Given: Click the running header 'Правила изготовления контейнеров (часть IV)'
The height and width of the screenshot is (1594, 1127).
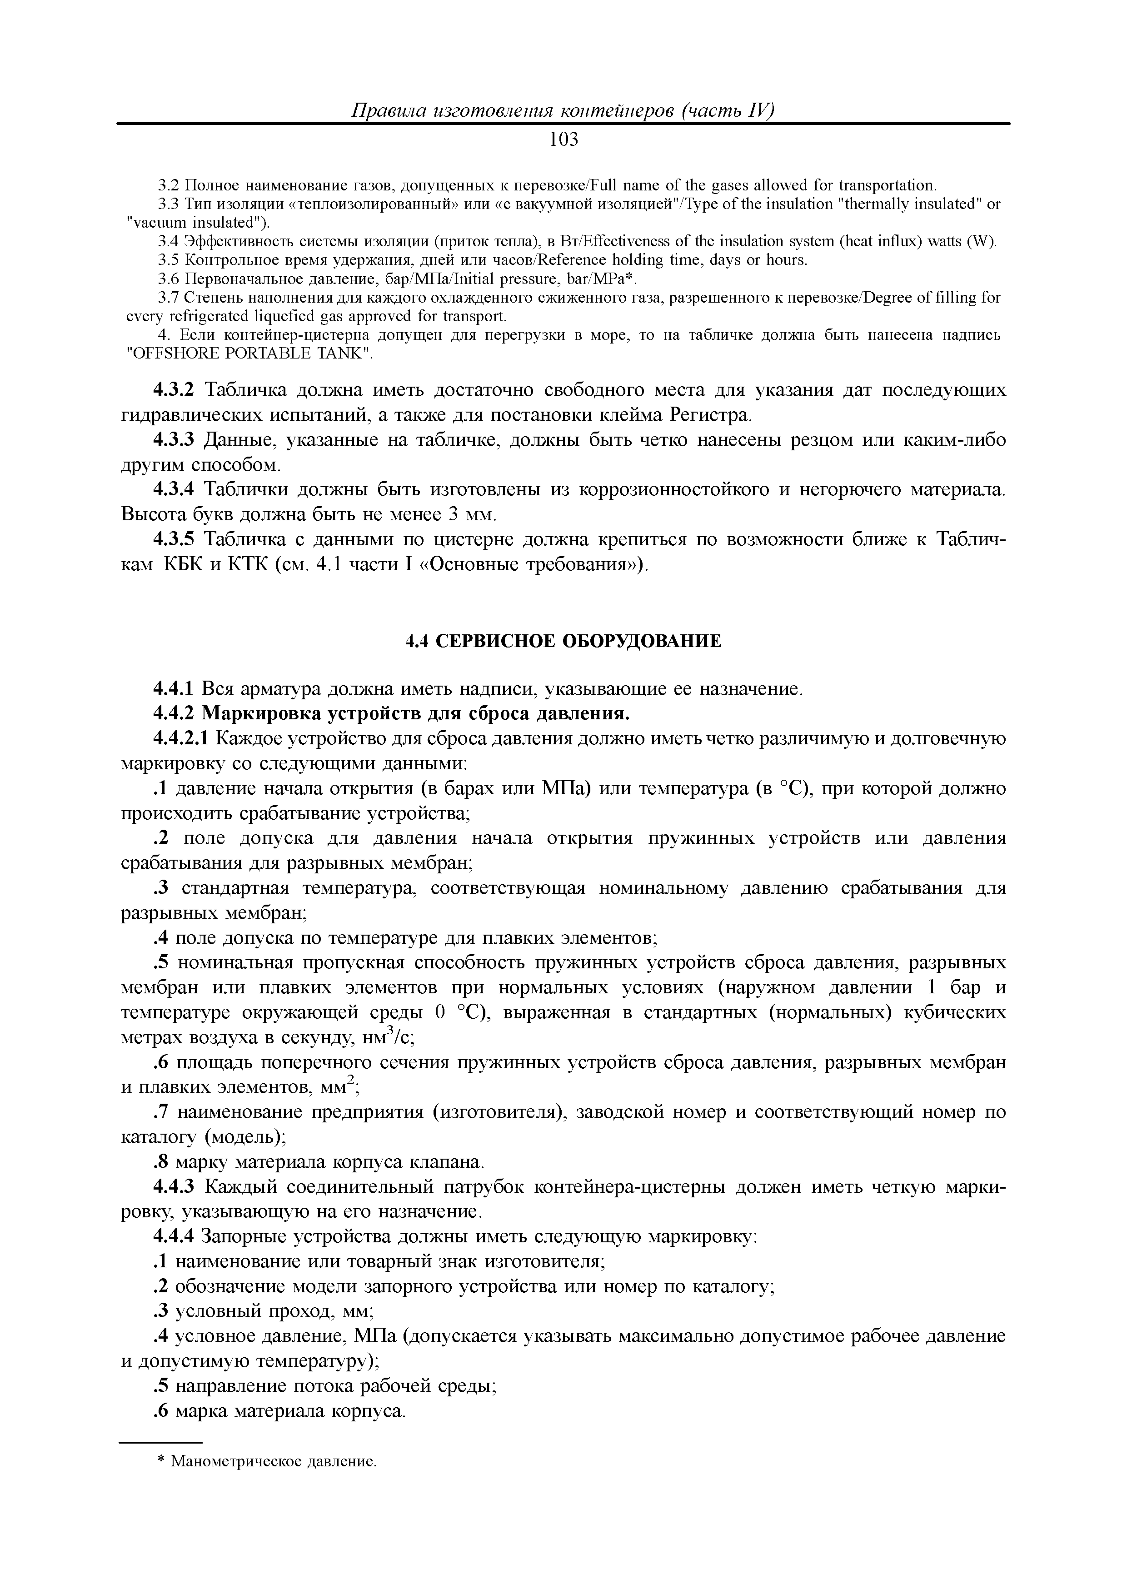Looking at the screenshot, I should point(563,111).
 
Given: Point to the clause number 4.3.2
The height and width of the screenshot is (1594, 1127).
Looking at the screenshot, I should point(176,390).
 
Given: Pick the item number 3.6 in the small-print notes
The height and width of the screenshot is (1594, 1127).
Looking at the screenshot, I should point(169,279).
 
